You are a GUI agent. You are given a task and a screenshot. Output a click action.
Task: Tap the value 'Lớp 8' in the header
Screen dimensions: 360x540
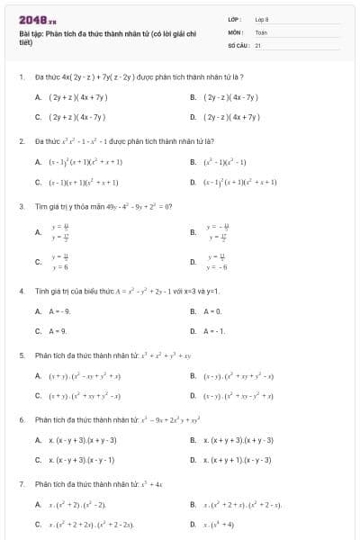coord(262,19)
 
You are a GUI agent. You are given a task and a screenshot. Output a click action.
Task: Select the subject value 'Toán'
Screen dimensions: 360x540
coord(261,31)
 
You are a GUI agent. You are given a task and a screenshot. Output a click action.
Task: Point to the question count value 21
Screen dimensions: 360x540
coord(258,44)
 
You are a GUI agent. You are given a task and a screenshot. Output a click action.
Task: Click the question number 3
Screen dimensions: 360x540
coord(22,206)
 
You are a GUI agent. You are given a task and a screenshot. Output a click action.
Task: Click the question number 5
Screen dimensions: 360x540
coord(22,355)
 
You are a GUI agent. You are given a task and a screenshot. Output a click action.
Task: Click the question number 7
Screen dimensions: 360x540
coord(22,484)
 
